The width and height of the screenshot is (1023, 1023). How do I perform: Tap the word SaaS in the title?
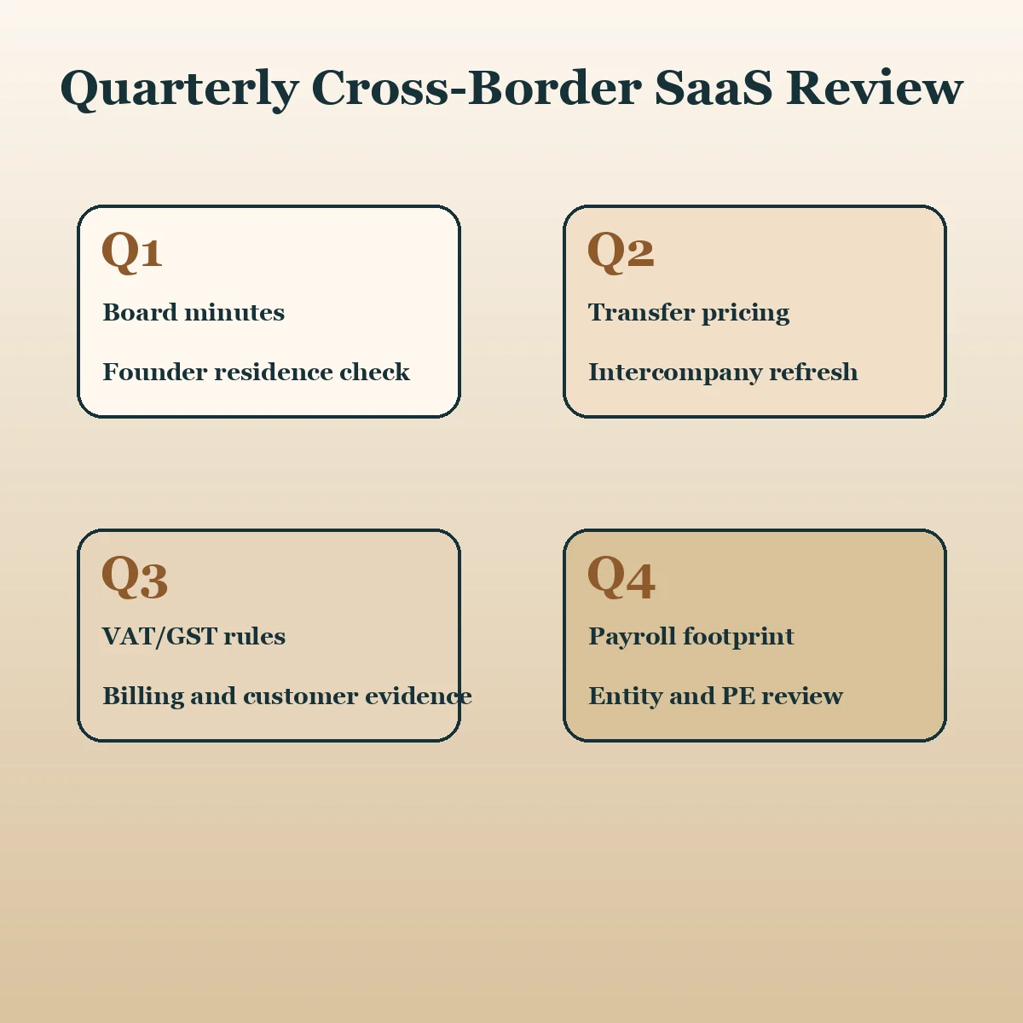coord(713,88)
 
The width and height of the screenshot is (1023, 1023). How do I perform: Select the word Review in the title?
coord(875,88)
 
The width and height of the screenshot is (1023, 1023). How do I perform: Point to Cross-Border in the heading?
coord(477,88)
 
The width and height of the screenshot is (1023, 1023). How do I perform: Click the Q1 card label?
coord(131,251)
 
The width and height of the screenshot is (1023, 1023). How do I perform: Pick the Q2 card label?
coord(621,251)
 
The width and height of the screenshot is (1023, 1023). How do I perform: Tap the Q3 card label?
coord(135,576)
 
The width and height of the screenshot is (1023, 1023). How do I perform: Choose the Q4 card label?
coord(621,576)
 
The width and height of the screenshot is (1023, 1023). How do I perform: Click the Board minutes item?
coord(194,312)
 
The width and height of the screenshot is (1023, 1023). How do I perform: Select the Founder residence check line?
coord(257,372)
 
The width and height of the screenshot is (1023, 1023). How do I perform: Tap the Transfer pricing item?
coord(689,313)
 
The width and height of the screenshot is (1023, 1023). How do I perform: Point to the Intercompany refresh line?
coord(723,373)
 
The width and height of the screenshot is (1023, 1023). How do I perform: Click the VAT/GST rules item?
coord(194,637)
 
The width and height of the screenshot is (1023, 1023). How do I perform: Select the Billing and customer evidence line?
coord(287,696)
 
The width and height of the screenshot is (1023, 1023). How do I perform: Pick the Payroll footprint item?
coord(691,637)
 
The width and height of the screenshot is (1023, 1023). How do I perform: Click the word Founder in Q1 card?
coord(154,372)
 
